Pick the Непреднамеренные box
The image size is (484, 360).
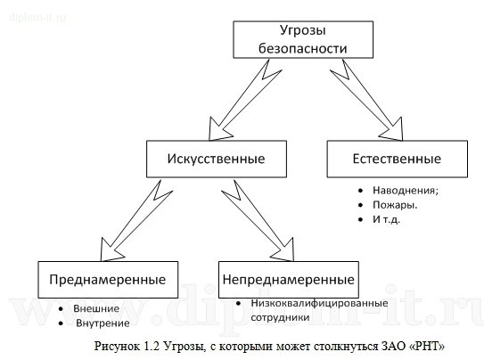tap(288, 279)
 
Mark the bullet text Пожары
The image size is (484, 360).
tap(394, 204)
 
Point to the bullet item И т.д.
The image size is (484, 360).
tap(388, 219)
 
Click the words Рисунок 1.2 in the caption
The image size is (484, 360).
tap(121, 345)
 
